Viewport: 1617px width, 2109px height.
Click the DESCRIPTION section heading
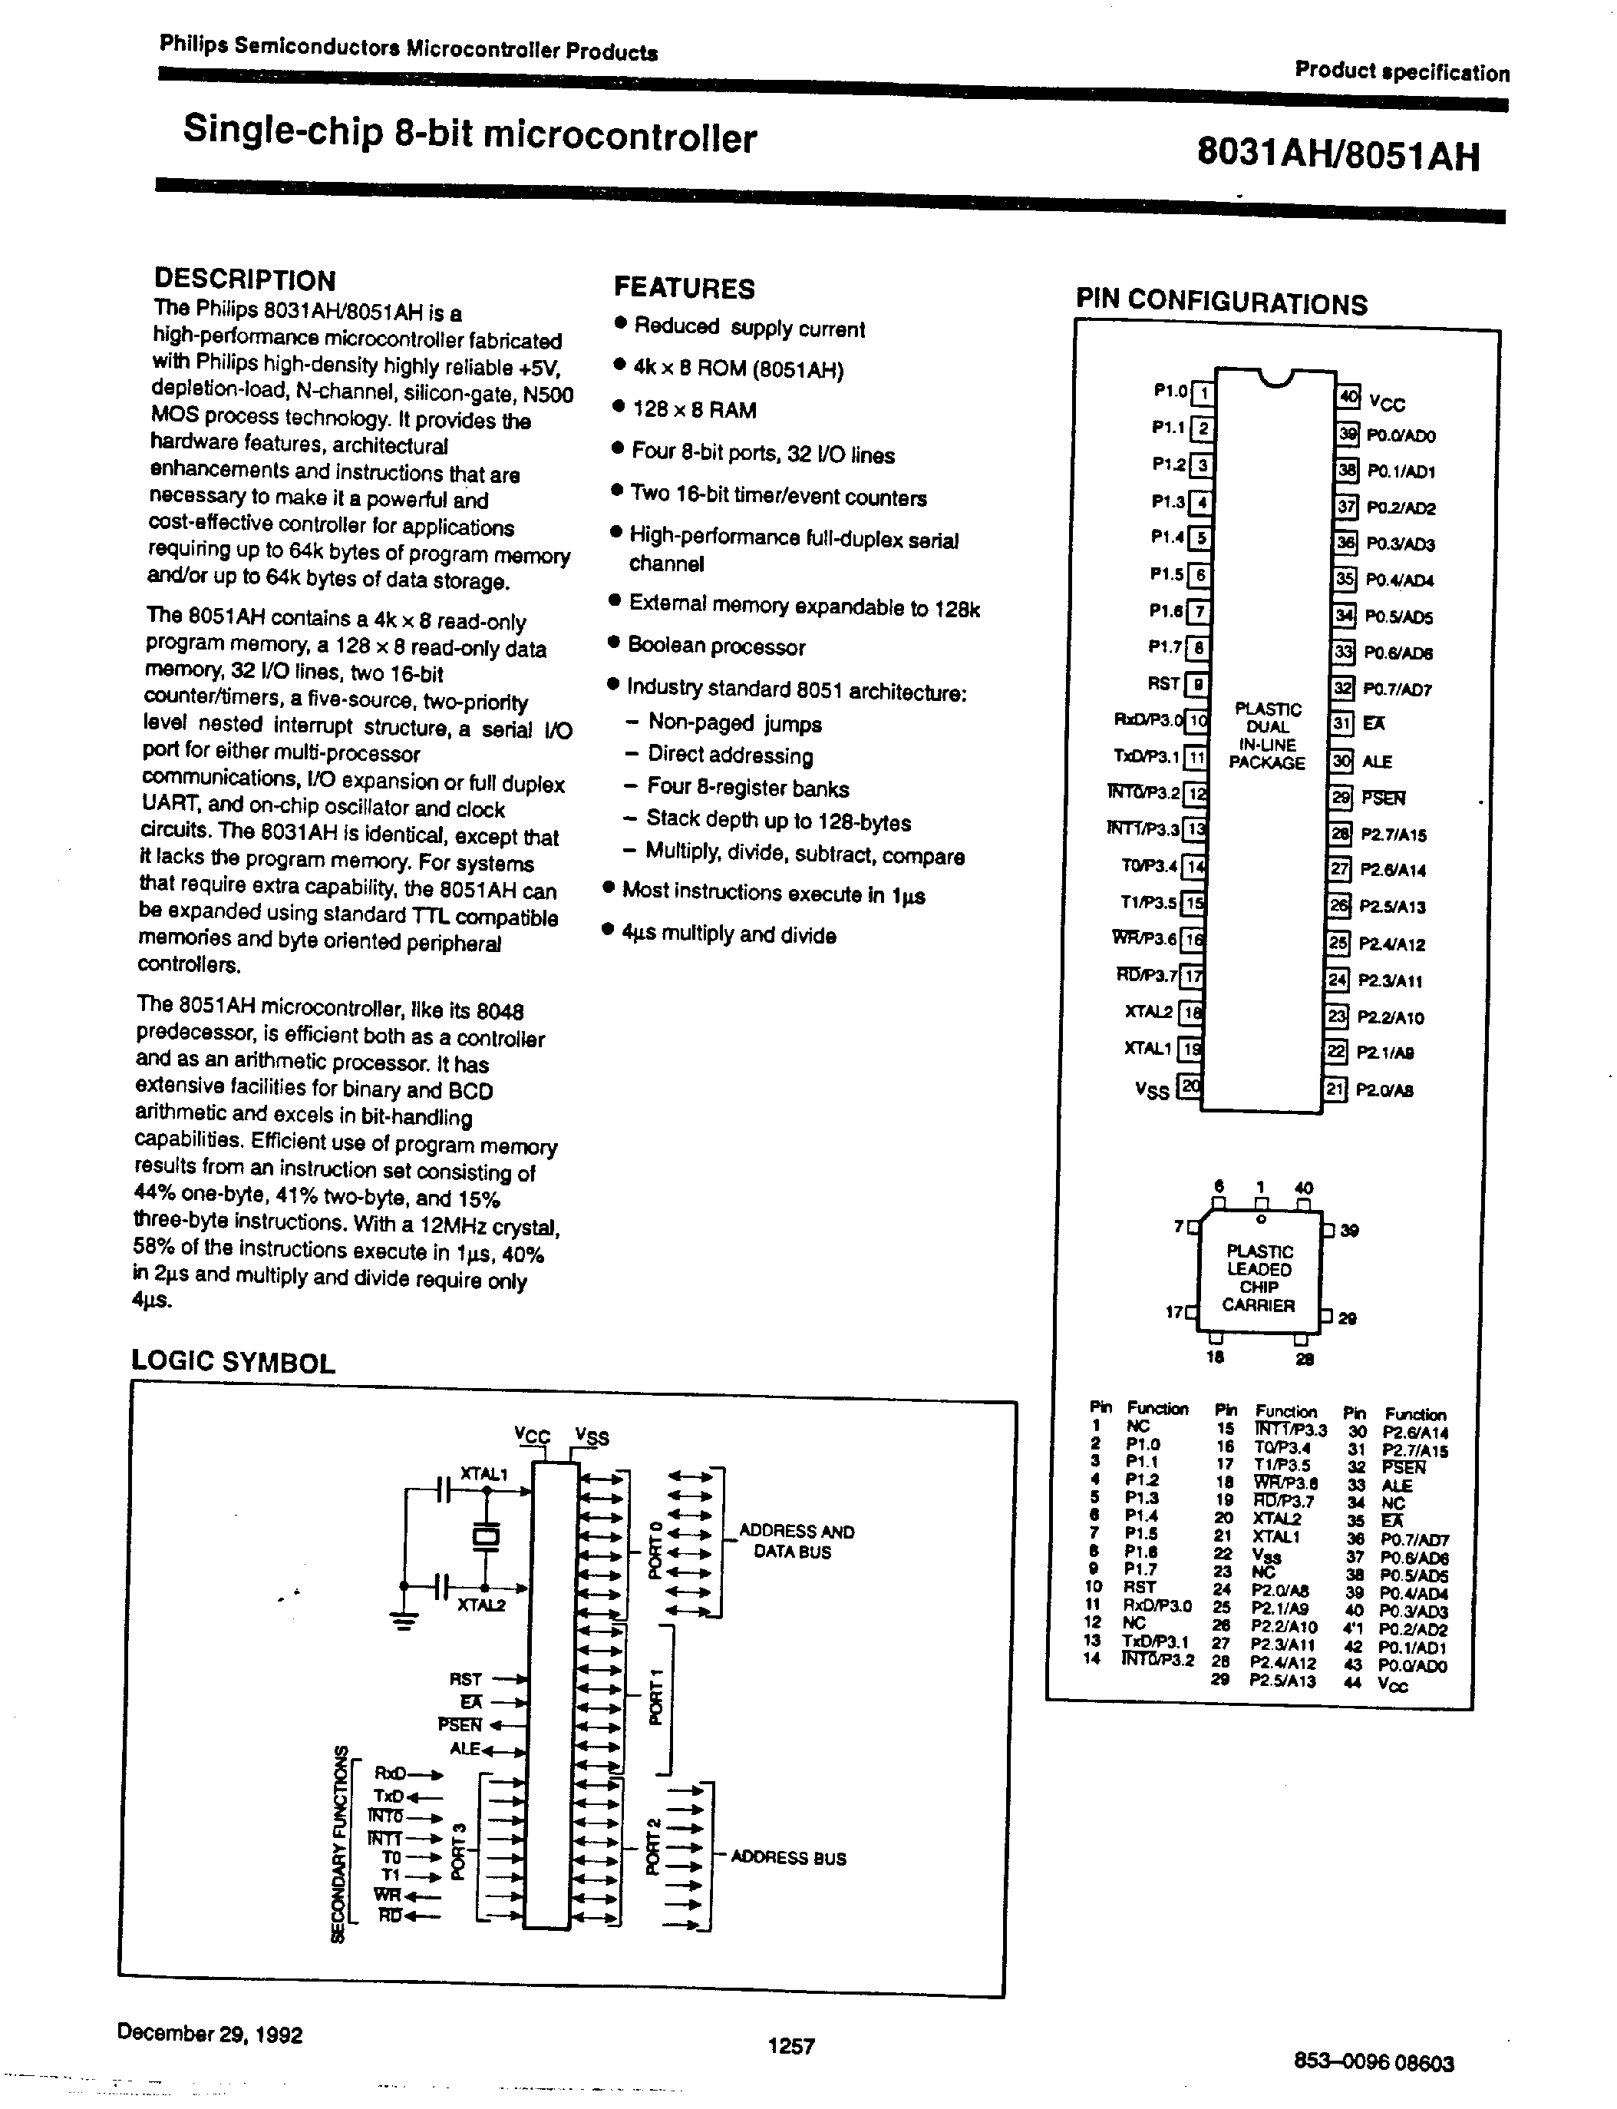[x=245, y=280]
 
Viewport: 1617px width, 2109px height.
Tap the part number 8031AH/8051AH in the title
[x=1338, y=155]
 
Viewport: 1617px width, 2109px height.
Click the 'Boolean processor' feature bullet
[x=716, y=646]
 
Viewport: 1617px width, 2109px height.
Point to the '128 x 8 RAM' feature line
[x=694, y=410]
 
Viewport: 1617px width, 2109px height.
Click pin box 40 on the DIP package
[x=1348, y=398]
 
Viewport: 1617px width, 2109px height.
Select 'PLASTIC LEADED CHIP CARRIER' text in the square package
[x=1259, y=1278]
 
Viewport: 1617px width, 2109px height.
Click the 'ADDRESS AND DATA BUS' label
[x=795, y=1542]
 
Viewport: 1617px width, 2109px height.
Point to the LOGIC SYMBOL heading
[x=233, y=1363]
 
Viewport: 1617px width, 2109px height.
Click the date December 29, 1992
[x=210, y=2034]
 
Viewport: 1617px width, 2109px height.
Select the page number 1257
[x=791, y=2045]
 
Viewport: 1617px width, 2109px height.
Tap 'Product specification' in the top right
[x=1401, y=71]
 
